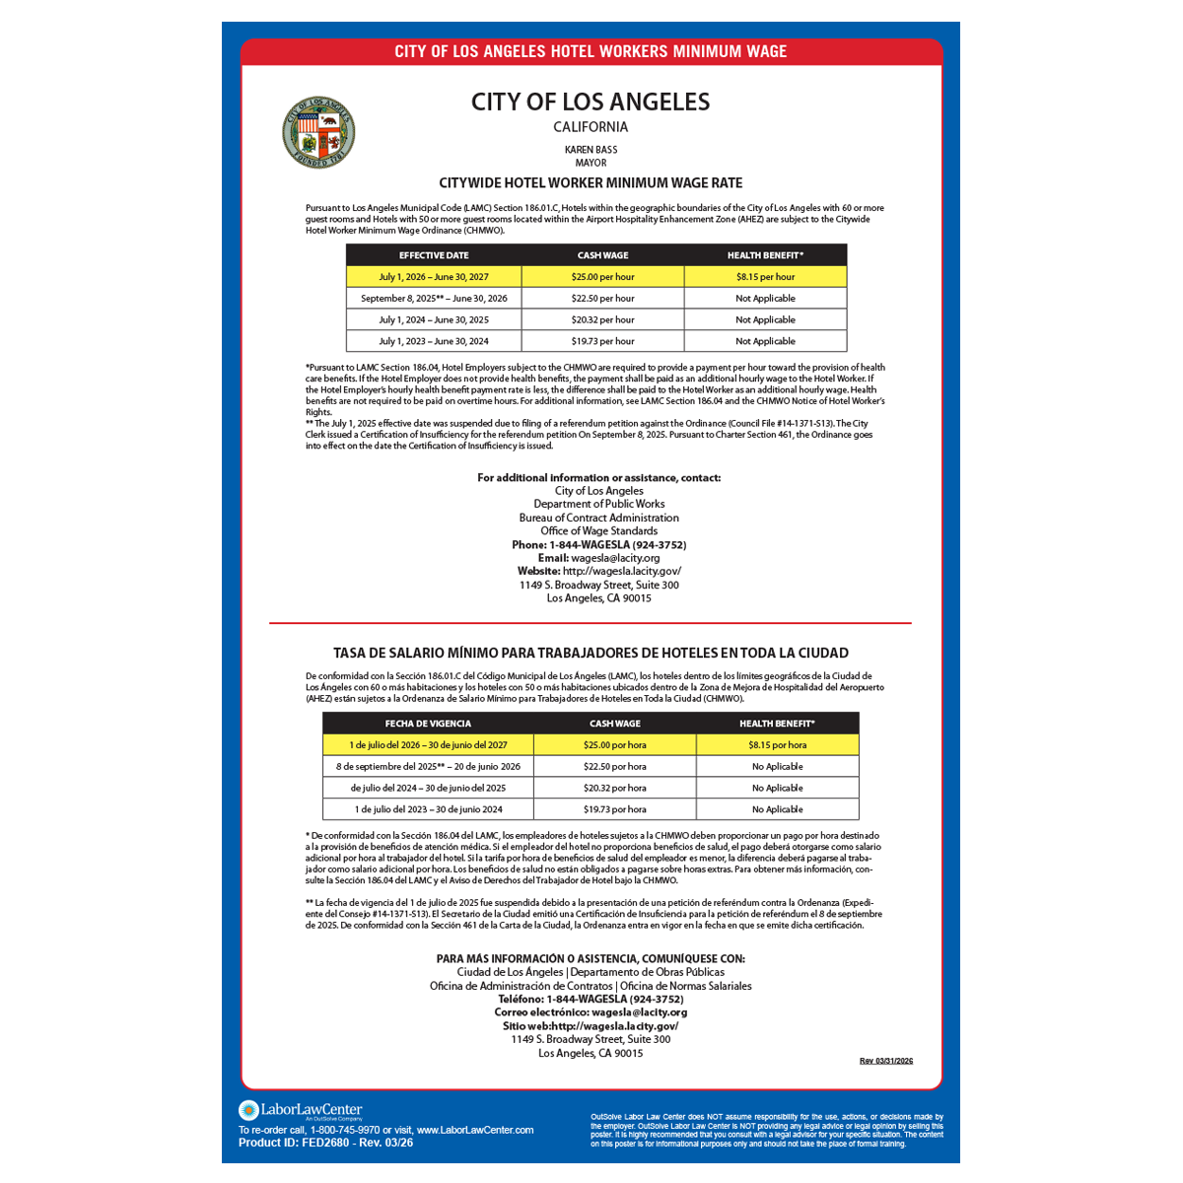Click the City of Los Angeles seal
[x=318, y=133]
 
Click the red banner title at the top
[x=591, y=51]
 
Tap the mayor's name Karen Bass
[x=591, y=150]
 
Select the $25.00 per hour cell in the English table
[x=602, y=277]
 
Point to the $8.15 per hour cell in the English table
[x=765, y=277]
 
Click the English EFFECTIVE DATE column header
[x=434, y=255]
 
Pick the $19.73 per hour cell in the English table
[x=602, y=341]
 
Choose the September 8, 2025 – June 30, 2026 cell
[x=434, y=299]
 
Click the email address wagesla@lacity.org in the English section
[x=615, y=558]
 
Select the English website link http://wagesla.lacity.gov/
[x=621, y=572]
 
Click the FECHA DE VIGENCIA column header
[x=428, y=724]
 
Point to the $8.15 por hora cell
[x=777, y=745]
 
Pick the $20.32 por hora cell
[x=614, y=789]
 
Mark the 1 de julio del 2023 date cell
[x=428, y=809]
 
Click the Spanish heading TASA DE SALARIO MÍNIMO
[x=591, y=653]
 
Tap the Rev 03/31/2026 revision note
[x=886, y=1061]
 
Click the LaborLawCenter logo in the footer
[x=301, y=1111]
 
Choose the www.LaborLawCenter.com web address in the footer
[x=475, y=1130]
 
